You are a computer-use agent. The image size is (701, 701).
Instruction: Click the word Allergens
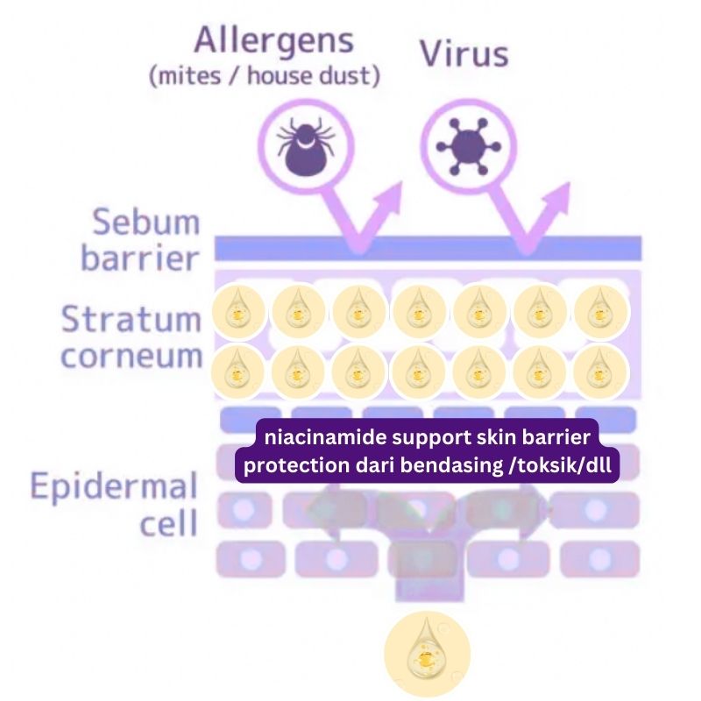[273, 41]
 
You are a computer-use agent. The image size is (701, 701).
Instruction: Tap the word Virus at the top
[463, 53]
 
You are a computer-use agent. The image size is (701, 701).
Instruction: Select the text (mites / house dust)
[265, 76]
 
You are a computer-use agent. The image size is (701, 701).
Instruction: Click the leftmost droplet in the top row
[238, 312]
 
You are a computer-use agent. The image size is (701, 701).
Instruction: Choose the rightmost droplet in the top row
[601, 312]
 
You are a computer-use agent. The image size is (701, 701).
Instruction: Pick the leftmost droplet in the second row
[238, 372]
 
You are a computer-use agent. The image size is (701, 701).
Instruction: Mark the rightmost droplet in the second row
[601, 372]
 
